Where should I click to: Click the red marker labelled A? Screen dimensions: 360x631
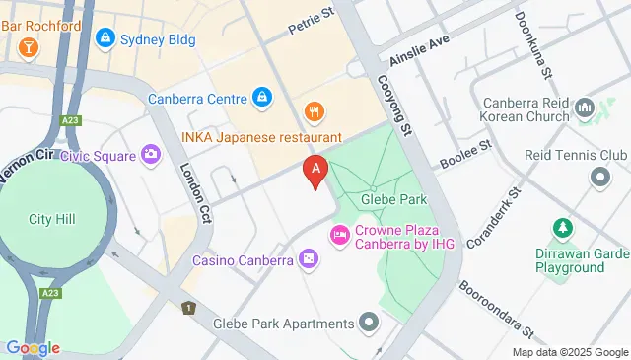315,171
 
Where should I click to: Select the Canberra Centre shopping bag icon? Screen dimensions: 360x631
261,98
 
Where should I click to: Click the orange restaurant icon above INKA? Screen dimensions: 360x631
314,111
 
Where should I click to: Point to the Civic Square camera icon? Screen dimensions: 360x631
150,154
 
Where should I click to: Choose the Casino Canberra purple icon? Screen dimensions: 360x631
310,259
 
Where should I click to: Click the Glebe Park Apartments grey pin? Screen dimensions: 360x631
369,323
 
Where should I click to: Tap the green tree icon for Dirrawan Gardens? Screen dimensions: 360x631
563,229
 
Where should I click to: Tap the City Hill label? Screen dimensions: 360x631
52,219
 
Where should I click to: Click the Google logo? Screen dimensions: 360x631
33,348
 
